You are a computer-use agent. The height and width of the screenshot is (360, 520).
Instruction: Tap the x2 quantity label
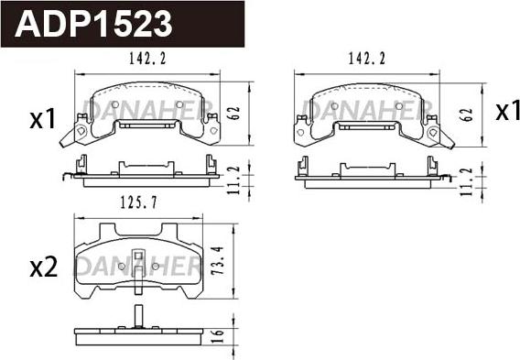pos(44,267)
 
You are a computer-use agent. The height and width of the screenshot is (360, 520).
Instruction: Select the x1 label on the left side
pos(43,119)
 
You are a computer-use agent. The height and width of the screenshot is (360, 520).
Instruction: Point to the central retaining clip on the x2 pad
pos(137,264)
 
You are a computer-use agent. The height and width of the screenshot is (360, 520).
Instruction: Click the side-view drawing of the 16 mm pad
pos(137,332)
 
